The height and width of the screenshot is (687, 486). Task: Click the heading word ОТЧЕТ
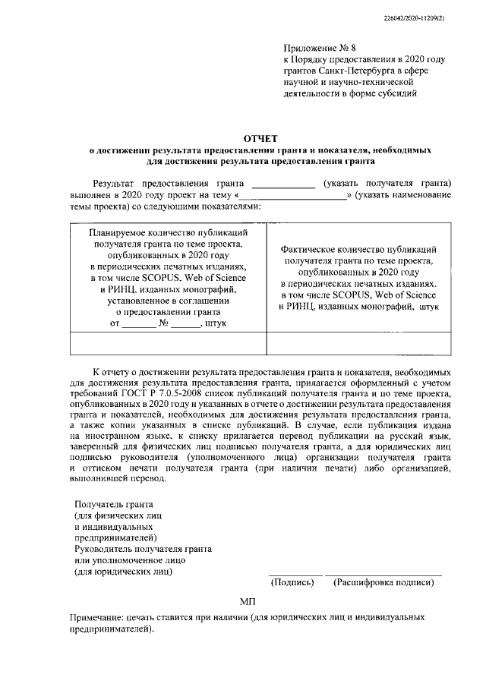[x=260, y=138]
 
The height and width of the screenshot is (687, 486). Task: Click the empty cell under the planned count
[x=167, y=344]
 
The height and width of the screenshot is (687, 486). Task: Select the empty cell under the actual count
[x=360, y=344]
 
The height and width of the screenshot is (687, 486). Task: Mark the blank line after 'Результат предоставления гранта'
[x=282, y=184]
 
